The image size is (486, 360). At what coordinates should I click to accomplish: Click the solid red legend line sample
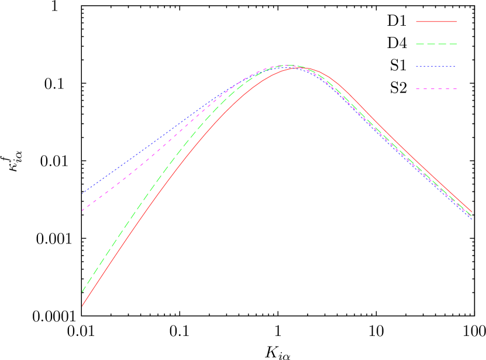[x=436, y=22]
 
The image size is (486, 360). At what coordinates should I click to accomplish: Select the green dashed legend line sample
[x=436, y=44]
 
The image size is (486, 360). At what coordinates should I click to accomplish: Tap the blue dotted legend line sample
[x=436, y=67]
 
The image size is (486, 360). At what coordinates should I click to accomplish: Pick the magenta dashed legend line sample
[x=436, y=89]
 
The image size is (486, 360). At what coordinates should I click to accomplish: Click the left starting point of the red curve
[x=82, y=306]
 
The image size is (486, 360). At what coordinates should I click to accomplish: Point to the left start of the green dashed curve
[x=82, y=291]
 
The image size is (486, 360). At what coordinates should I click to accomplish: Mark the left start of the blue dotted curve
[x=82, y=193]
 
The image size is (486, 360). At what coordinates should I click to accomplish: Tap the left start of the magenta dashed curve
[x=82, y=210]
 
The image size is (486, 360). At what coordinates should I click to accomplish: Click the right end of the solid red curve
[x=472, y=212]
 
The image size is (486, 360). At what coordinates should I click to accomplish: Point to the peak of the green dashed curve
[x=288, y=66]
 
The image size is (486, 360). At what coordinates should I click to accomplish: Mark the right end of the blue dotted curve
[x=472, y=218]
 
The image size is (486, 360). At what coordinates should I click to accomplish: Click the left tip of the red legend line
[x=416, y=22]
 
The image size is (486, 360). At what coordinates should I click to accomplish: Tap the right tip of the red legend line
[x=456, y=22]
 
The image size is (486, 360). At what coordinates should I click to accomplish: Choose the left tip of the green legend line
[x=416, y=44]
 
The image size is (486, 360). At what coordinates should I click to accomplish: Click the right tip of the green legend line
[x=456, y=44]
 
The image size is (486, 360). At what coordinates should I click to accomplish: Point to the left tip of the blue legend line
[x=416, y=67]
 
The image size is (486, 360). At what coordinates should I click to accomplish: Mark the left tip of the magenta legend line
[x=416, y=89]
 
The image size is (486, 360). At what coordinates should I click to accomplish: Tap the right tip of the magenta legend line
[x=456, y=89]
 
